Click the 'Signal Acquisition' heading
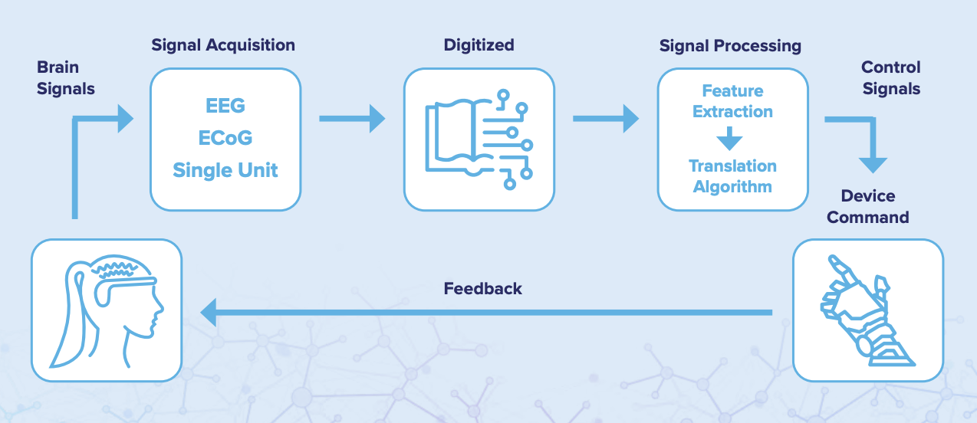(x=223, y=45)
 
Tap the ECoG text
(x=225, y=138)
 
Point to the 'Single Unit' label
(x=225, y=169)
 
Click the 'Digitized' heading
(x=479, y=45)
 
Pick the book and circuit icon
(x=479, y=139)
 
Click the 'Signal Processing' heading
(x=730, y=46)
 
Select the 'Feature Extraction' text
(x=732, y=101)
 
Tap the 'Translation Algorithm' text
(x=732, y=176)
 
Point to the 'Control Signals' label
(x=891, y=78)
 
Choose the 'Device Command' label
(x=868, y=207)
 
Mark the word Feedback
(x=482, y=289)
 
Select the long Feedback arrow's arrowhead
(x=209, y=312)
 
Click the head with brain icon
(x=107, y=310)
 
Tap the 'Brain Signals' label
(x=66, y=78)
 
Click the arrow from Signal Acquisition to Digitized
(x=352, y=119)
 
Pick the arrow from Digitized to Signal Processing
(x=606, y=119)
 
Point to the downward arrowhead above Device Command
(x=873, y=164)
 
